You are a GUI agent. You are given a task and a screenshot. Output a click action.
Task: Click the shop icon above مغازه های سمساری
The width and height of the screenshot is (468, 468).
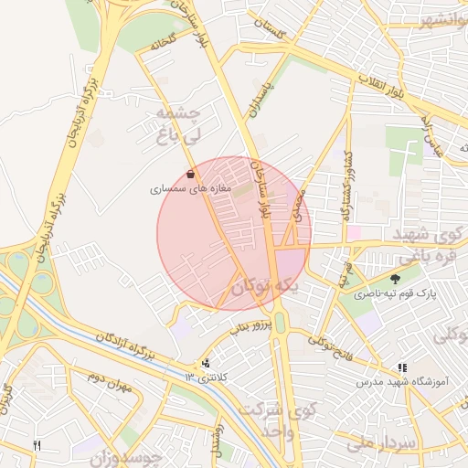190,174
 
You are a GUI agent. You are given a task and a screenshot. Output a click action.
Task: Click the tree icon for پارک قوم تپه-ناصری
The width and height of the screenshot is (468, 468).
395,280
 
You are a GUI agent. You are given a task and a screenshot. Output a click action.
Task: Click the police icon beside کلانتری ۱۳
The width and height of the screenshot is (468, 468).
206,363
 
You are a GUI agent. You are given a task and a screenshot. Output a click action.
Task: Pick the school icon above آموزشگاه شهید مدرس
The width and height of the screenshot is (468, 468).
402,367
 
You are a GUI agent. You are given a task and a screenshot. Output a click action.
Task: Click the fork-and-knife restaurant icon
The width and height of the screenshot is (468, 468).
37,445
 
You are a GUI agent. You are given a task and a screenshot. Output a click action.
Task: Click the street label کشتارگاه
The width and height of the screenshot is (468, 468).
350,197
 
